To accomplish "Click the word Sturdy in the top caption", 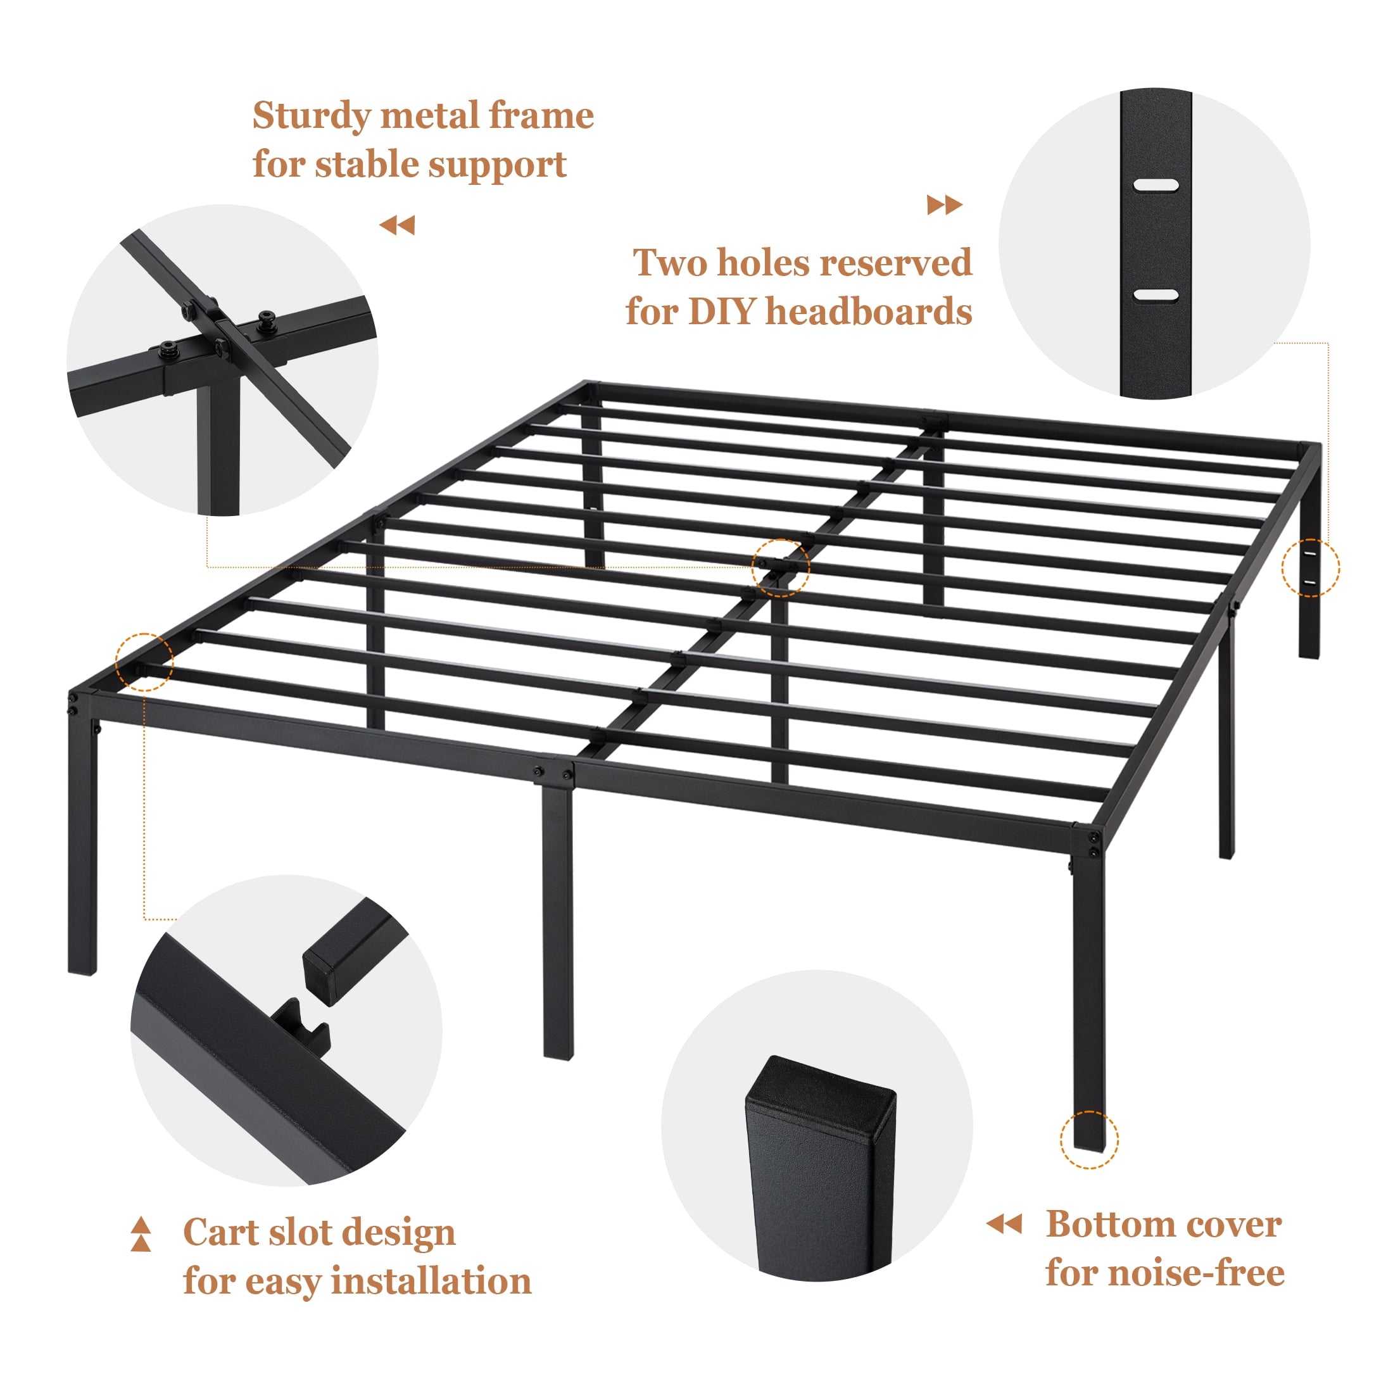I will (312, 116).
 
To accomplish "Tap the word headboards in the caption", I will (868, 312).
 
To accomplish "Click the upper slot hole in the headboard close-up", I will (1155, 185).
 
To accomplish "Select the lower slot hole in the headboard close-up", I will (1155, 295).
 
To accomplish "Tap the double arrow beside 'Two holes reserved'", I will (945, 206).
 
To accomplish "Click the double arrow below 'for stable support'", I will (397, 225).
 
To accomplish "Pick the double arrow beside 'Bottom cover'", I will (1004, 1223).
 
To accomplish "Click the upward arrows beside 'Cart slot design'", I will (141, 1233).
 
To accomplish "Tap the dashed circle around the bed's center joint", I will (780, 567).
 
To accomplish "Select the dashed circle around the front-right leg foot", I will (1088, 1139).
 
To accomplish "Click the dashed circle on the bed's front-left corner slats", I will (144, 662).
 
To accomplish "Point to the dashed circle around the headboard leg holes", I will (1310, 568).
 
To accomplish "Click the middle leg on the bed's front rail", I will (557, 923).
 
